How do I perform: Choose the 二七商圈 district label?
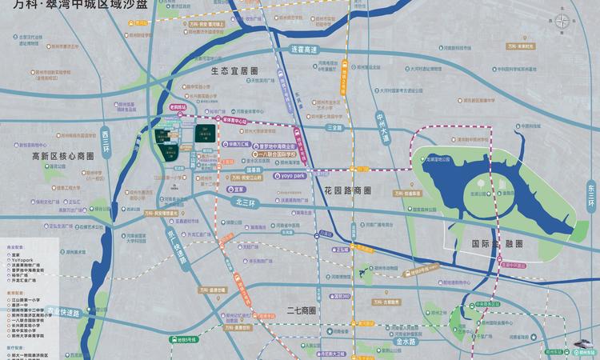coord(302,310)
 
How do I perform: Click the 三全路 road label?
coord(334,127)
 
